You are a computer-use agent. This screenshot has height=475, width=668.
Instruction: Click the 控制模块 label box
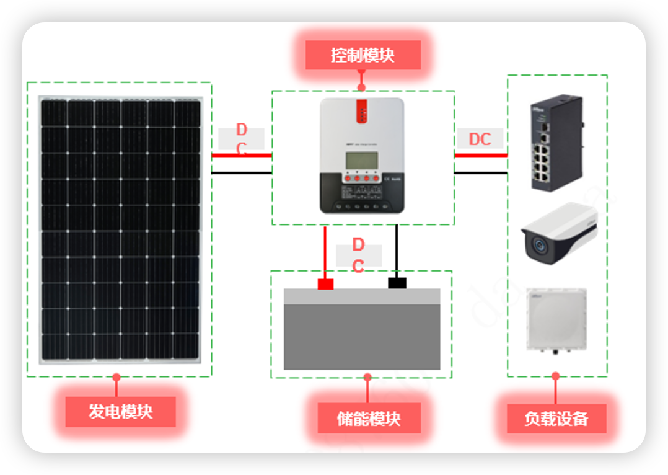[363, 55]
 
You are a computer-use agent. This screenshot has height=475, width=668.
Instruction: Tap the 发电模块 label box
[121, 411]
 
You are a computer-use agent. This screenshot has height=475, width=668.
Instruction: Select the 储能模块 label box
[369, 418]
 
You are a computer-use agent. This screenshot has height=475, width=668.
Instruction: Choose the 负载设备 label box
[556, 418]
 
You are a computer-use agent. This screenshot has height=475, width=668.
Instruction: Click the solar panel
[121, 229]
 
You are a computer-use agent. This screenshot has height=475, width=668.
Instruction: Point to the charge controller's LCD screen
[362, 161]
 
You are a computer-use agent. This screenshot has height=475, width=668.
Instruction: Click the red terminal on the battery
[325, 284]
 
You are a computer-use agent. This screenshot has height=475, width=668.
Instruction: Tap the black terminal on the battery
[397, 283]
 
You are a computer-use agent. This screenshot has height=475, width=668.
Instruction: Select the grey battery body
[362, 335]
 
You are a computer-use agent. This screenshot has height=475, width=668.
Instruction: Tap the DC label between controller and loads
[480, 139]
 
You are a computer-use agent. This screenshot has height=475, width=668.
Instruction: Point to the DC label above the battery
[358, 255]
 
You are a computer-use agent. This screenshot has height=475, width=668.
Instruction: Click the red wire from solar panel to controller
[242, 155]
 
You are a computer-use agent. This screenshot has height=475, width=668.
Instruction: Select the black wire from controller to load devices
[481, 173]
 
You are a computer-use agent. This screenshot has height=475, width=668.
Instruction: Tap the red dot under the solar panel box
[116, 377]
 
